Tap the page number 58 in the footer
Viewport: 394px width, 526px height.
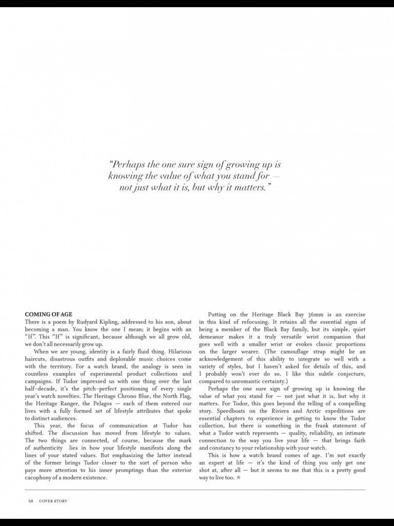pos(30,501)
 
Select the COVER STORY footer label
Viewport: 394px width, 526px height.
pos(53,501)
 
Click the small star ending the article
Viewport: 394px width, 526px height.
pos(238,478)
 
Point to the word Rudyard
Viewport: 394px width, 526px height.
pos(93,322)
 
